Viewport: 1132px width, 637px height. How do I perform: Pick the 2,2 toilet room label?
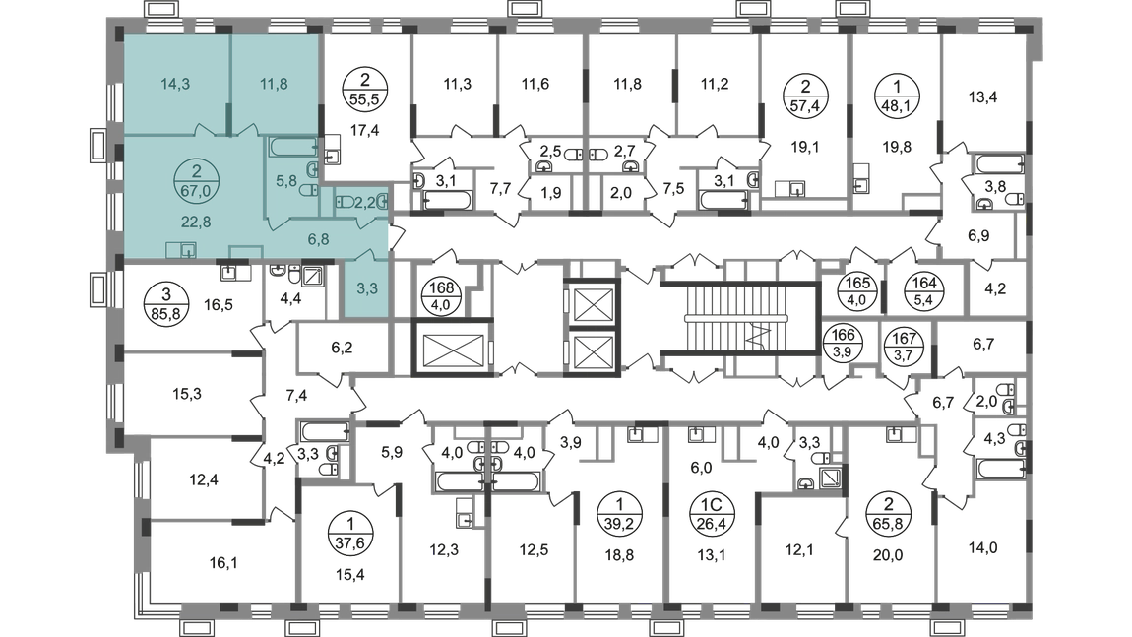(x=363, y=201)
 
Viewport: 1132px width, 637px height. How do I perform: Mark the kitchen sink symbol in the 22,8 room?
(x=183, y=250)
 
